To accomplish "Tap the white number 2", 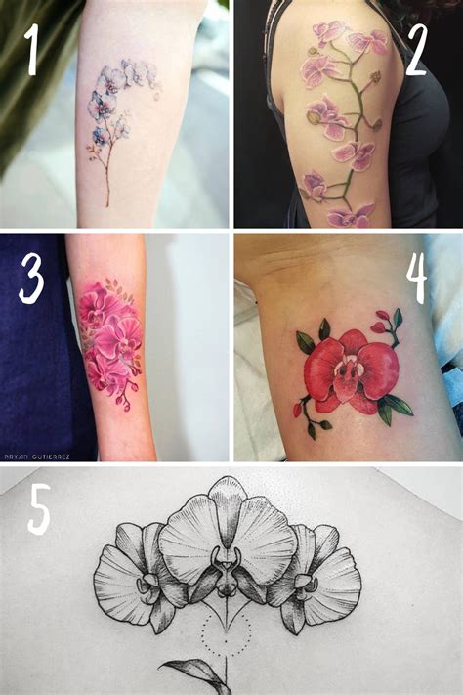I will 415,50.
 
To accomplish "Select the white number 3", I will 31,278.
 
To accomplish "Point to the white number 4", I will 417,280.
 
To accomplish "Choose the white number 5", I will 38,510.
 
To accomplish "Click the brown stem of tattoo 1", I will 106,176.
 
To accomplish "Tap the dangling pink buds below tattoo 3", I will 125,396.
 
